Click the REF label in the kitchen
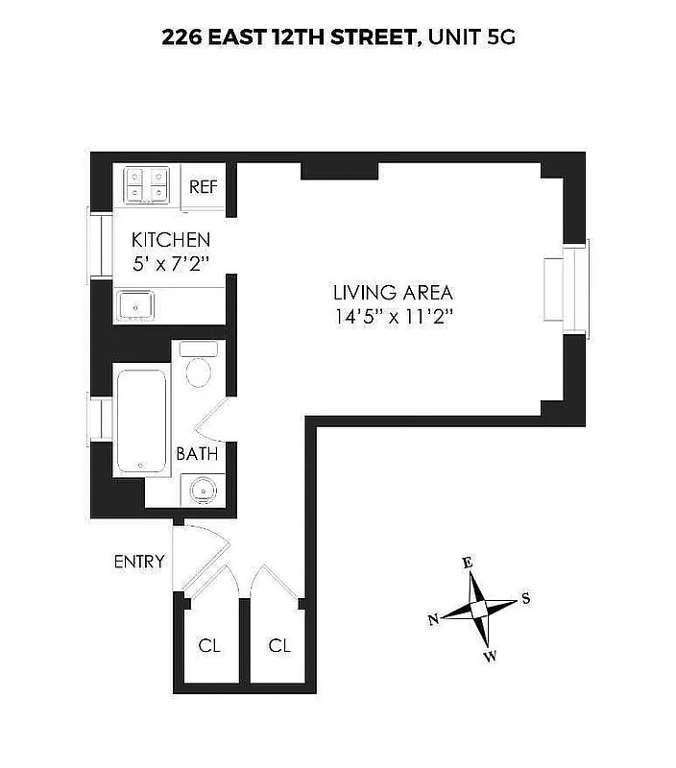click(x=203, y=186)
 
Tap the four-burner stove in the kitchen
click(x=147, y=184)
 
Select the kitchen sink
click(x=137, y=306)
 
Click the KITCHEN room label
click(x=171, y=240)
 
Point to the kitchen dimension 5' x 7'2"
click(x=172, y=262)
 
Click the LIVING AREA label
click(x=393, y=293)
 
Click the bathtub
click(x=142, y=420)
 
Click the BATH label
click(x=197, y=454)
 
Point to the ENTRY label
click(x=139, y=562)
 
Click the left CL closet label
click(x=209, y=646)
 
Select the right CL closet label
click(x=279, y=646)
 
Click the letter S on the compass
click(x=525, y=598)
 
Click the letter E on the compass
click(x=468, y=564)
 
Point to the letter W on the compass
click(x=490, y=657)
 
